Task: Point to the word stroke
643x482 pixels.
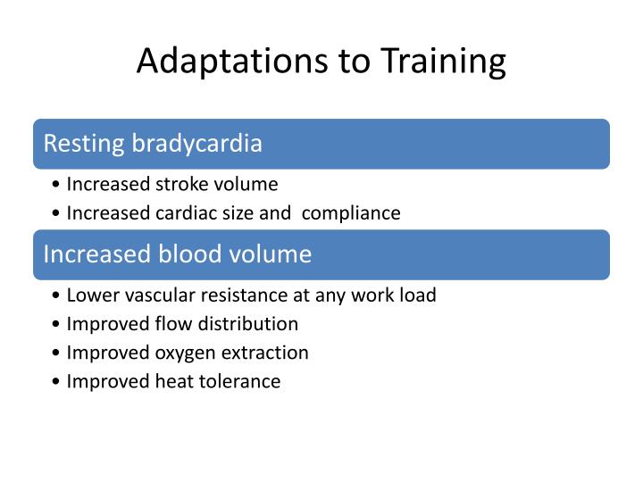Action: [x=181, y=185]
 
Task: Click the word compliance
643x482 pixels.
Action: [x=349, y=213]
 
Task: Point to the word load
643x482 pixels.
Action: [x=418, y=295]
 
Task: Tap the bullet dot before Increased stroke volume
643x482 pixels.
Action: [x=57, y=186]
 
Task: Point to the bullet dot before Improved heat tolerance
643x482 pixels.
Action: [x=57, y=383]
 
